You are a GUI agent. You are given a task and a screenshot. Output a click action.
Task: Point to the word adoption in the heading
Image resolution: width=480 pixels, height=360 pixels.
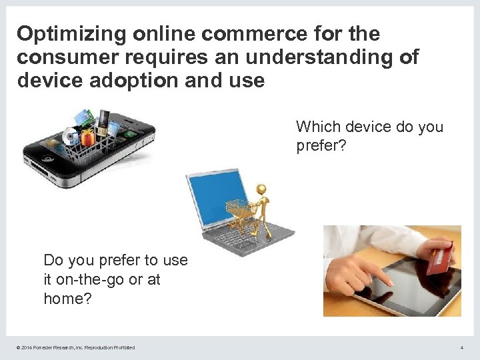point(133,81)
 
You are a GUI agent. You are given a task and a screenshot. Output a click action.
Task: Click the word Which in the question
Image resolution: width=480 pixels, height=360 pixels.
point(316,127)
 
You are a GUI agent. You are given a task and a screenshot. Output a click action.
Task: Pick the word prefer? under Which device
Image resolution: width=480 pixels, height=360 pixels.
point(321,145)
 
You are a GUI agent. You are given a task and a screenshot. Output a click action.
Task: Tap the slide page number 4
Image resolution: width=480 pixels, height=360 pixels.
point(461,347)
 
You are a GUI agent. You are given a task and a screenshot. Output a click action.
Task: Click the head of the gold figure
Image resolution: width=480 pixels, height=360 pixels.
point(261,190)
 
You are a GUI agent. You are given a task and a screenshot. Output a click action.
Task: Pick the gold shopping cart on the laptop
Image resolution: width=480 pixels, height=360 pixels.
point(239,213)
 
